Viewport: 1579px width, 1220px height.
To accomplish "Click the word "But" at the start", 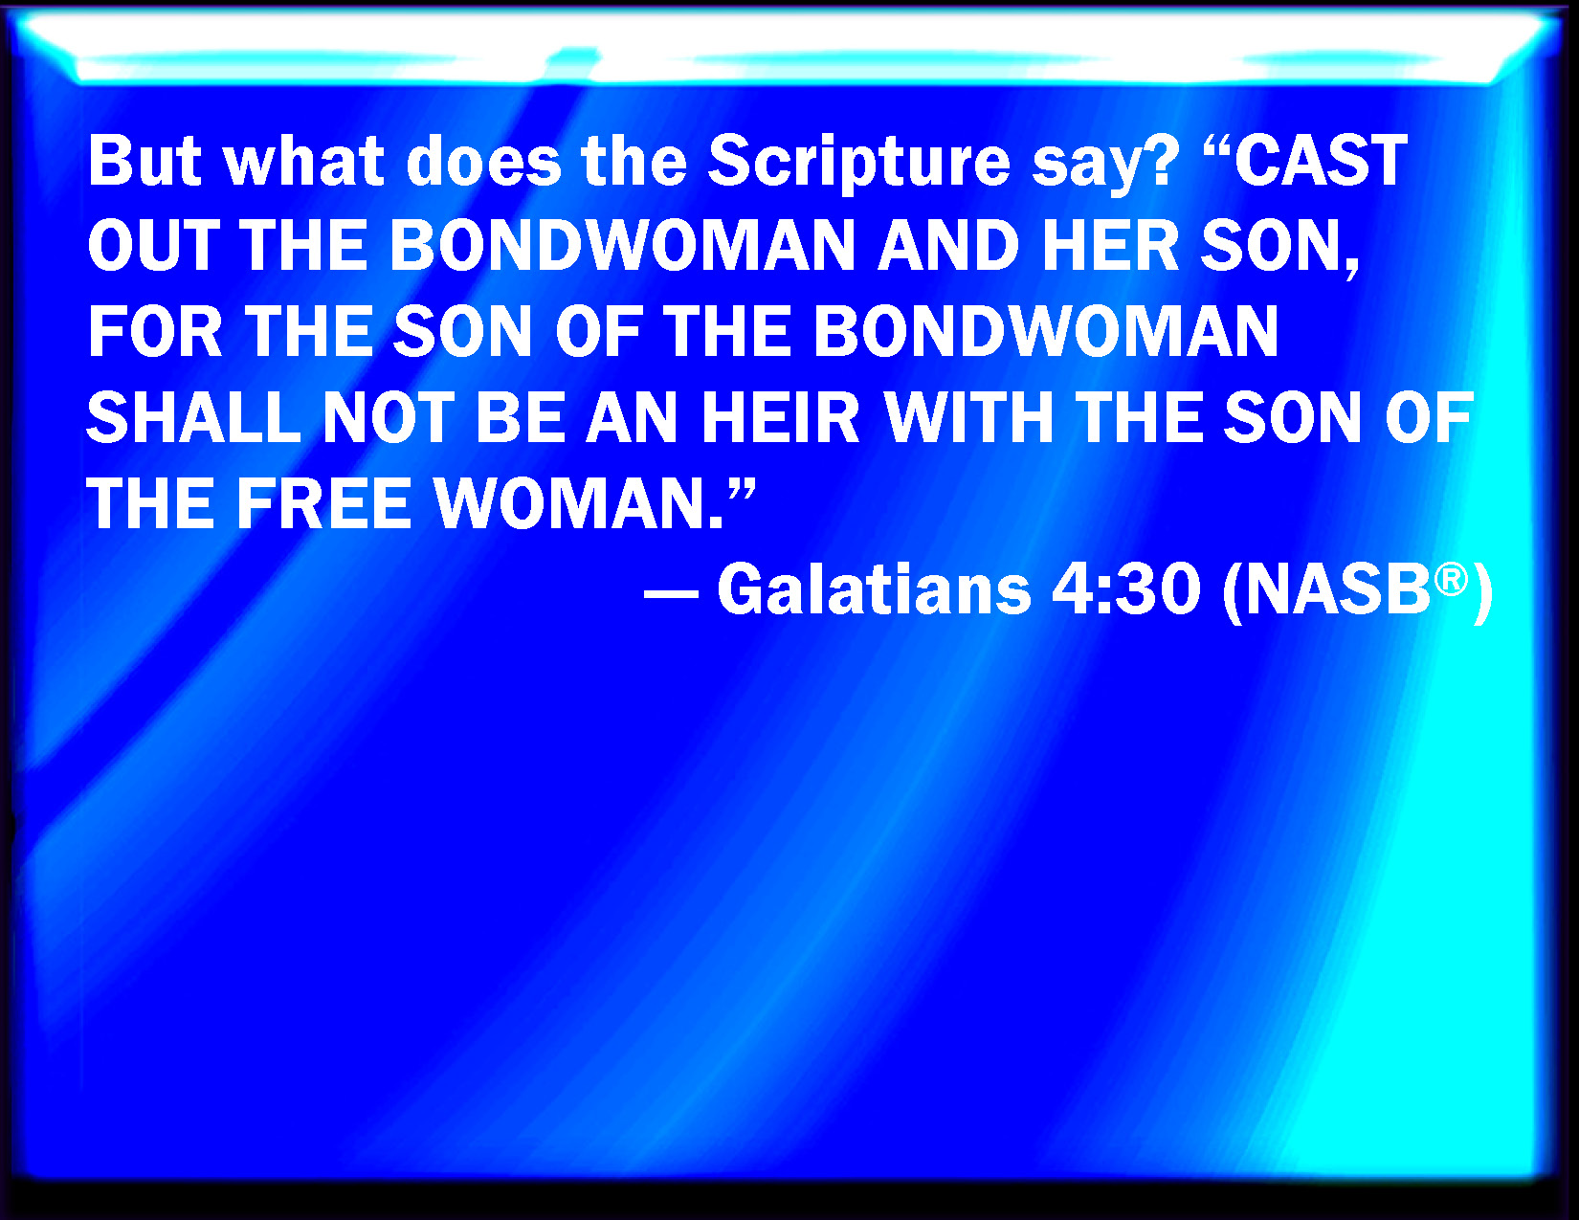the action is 145,161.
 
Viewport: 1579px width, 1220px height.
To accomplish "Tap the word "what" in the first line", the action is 304,161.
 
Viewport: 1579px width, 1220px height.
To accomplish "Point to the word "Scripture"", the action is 859,166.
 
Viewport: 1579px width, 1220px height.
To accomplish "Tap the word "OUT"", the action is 154,246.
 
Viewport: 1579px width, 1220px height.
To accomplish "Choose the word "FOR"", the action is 155,331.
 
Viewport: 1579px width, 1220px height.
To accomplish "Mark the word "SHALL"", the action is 194,418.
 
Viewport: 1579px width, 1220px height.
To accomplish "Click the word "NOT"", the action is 389,418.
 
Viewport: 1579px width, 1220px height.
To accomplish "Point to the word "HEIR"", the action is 781,418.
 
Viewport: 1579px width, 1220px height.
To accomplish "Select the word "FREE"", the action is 324,503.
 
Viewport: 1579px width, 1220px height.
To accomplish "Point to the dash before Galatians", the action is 671,594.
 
